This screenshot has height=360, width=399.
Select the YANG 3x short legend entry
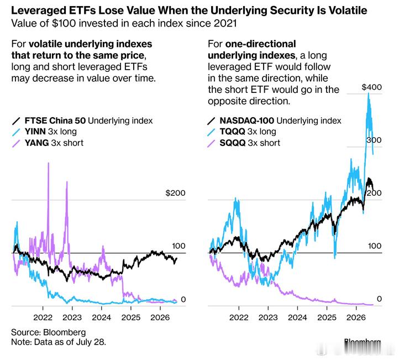[x=48, y=143]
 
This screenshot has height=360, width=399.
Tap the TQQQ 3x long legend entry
[x=242, y=132]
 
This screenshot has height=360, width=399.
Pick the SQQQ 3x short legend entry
[x=244, y=143]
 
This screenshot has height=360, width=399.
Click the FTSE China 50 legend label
[x=55, y=121]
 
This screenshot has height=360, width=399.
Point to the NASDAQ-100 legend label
[x=247, y=121]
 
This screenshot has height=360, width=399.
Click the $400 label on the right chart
[x=372, y=87]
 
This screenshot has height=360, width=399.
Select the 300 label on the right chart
[x=374, y=140]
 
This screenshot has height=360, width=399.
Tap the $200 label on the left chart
[x=175, y=193]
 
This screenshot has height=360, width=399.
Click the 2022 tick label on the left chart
[x=43, y=317]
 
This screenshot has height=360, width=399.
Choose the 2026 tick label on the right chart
[x=356, y=317]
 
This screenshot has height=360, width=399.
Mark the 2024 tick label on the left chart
[x=102, y=317]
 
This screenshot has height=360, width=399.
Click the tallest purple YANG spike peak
[x=48, y=163]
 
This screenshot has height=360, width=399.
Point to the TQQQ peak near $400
[x=369, y=93]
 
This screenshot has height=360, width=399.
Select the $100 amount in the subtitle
[x=64, y=23]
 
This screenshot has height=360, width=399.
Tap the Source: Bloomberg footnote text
[x=48, y=332]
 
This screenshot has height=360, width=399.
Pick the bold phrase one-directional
[x=261, y=44]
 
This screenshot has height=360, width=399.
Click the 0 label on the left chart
[x=183, y=299]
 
